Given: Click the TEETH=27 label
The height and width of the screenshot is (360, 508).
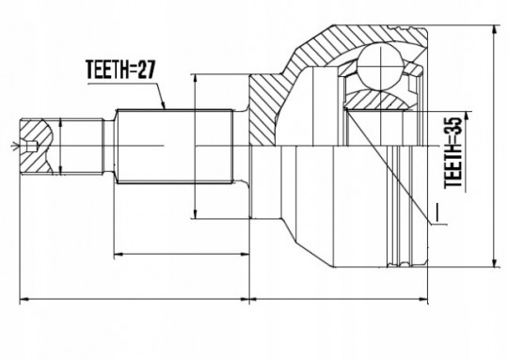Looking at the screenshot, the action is (x=120, y=70).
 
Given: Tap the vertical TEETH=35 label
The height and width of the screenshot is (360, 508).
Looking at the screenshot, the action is (x=452, y=153).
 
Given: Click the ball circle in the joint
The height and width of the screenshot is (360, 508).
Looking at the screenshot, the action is (x=380, y=67).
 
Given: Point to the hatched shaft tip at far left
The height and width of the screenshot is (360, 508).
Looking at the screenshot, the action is (x=36, y=147).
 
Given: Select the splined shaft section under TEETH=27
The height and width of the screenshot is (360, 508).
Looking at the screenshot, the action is (x=175, y=147).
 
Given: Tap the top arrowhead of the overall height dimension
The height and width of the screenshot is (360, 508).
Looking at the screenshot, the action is (x=495, y=30).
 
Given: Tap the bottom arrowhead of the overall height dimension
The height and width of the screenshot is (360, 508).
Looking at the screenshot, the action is (x=495, y=263).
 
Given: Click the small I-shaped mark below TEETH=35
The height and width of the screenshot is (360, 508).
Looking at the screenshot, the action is (x=437, y=213).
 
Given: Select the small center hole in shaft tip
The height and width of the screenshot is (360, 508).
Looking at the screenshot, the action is (x=31, y=147).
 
